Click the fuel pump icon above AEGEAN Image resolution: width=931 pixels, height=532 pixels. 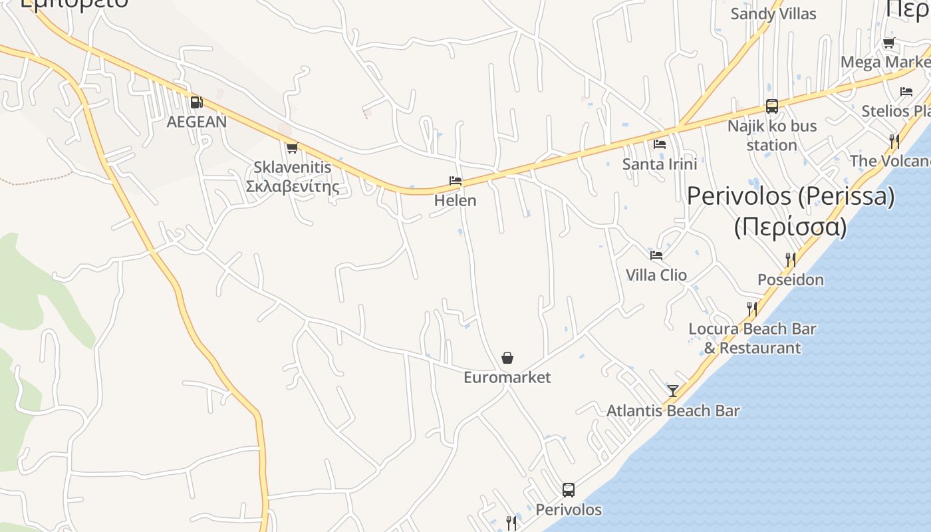pos(196,102)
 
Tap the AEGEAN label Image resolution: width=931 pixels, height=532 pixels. pos(196,122)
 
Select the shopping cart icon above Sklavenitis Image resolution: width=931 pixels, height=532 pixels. pos(292,148)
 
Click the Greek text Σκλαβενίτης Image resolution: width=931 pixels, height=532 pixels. pos(292,187)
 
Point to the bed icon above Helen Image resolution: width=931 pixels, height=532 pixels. pos(456,180)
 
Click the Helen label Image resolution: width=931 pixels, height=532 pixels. pos(456,200)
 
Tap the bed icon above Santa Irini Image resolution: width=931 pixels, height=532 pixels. pos(660,144)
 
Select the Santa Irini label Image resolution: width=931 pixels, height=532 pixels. pos(660,164)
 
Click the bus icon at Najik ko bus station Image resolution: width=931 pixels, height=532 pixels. pos(771,106)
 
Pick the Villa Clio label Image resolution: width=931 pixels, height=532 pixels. pos(656,275)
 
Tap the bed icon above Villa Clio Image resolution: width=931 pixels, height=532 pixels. pos(656,255)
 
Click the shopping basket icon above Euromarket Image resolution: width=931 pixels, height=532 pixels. pos(507,358)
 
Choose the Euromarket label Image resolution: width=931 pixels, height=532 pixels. pos(507,378)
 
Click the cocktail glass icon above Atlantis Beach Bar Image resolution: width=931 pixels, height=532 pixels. pos(673,391)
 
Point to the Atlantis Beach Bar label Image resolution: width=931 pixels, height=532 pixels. pos(673,411)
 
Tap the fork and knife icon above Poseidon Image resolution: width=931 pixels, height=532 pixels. pos(791,259)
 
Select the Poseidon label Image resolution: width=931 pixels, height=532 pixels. pos(791,280)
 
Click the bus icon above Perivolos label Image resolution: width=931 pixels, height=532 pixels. pos(569,490)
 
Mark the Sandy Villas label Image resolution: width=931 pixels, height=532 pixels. pos(773,14)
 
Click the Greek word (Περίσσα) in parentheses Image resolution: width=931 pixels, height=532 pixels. pos(791,227)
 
